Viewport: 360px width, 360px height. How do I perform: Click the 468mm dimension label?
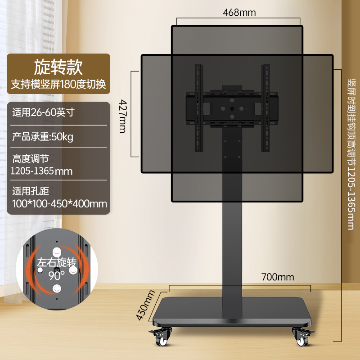[239, 13]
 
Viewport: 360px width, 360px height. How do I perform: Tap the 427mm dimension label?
[123, 116]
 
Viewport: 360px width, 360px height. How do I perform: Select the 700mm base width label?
[278, 277]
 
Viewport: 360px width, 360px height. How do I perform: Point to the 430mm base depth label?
[145, 305]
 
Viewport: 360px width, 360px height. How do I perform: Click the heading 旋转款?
[58, 67]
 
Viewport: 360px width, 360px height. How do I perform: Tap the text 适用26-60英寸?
[43, 112]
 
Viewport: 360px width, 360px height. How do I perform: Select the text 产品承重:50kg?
[43, 137]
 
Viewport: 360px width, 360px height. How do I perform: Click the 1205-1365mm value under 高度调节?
[41, 171]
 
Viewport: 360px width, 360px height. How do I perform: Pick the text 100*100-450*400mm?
[60, 204]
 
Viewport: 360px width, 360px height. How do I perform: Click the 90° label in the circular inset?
[57, 275]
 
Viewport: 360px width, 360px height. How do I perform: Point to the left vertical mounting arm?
[199, 108]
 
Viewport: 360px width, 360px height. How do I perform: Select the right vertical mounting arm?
[265, 108]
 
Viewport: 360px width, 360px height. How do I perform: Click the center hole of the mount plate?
[232, 108]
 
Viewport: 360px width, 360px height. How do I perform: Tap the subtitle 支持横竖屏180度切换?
[58, 85]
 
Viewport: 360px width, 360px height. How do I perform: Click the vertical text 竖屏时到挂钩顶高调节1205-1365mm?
[351, 154]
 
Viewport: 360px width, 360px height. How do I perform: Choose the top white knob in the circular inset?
[57, 252]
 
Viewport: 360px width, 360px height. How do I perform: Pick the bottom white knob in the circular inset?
[57, 288]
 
